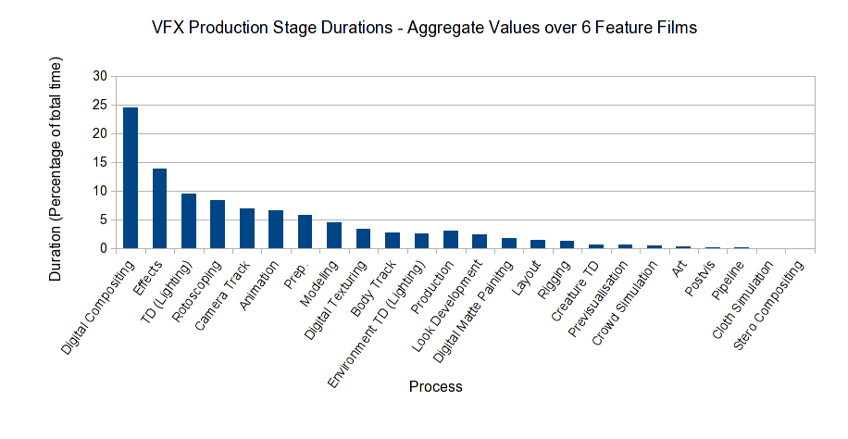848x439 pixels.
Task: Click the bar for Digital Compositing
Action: (131, 178)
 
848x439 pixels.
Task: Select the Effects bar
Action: (159, 208)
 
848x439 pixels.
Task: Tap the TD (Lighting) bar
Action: (188, 221)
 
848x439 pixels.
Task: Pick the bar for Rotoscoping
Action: (218, 224)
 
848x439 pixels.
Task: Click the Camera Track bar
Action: (247, 229)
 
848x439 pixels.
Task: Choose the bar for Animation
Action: (276, 230)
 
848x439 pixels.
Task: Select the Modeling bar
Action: (334, 235)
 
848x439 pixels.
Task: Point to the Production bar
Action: (451, 240)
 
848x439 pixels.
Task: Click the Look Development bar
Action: (480, 242)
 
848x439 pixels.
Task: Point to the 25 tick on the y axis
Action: (100, 105)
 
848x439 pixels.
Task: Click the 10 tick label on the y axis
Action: (100, 191)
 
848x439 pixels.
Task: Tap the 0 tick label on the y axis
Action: (104, 248)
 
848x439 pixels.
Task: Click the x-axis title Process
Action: (435, 386)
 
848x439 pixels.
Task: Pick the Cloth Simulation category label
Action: (741, 301)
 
